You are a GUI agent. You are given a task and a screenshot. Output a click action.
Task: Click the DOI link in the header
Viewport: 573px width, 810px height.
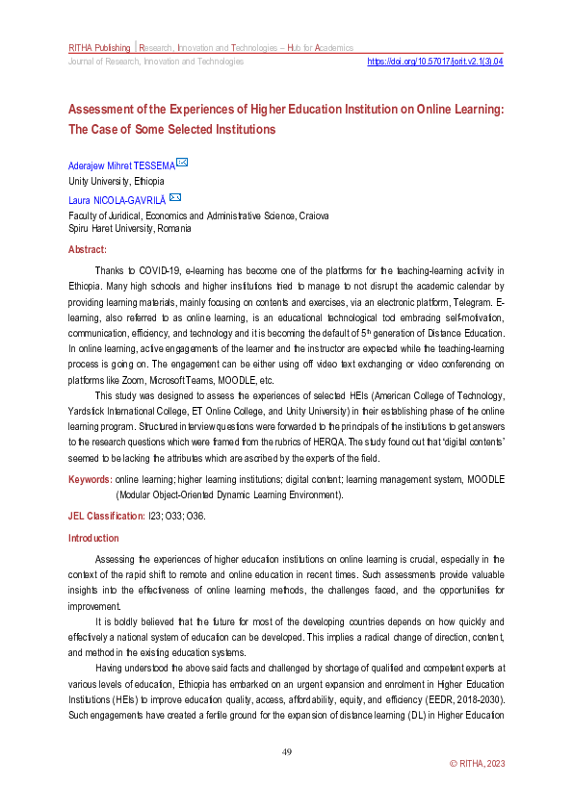coord(436,61)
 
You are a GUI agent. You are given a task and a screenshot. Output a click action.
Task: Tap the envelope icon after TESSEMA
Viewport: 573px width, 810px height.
coord(181,163)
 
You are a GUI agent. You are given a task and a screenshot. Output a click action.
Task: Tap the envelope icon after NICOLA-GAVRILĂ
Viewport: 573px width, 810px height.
coord(174,198)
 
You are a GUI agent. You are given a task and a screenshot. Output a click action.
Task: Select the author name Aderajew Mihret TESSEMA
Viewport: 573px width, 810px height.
coord(119,165)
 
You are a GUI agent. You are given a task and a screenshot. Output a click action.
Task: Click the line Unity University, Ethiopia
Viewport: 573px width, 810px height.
coord(116,181)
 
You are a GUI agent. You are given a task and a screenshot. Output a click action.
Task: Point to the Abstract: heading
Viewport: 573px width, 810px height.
coord(88,249)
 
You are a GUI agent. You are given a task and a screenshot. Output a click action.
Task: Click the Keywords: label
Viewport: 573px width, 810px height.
coord(90,479)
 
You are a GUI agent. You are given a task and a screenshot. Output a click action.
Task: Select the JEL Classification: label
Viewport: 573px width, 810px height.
coord(105,516)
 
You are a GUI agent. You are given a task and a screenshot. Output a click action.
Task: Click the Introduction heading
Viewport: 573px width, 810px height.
coord(93,538)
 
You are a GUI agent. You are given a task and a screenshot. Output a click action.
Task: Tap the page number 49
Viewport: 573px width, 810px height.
coord(286,751)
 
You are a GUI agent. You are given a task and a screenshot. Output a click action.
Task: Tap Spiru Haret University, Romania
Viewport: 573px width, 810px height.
coord(129,229)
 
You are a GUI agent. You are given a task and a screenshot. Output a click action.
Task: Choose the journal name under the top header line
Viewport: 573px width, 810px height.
coord(155,62)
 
